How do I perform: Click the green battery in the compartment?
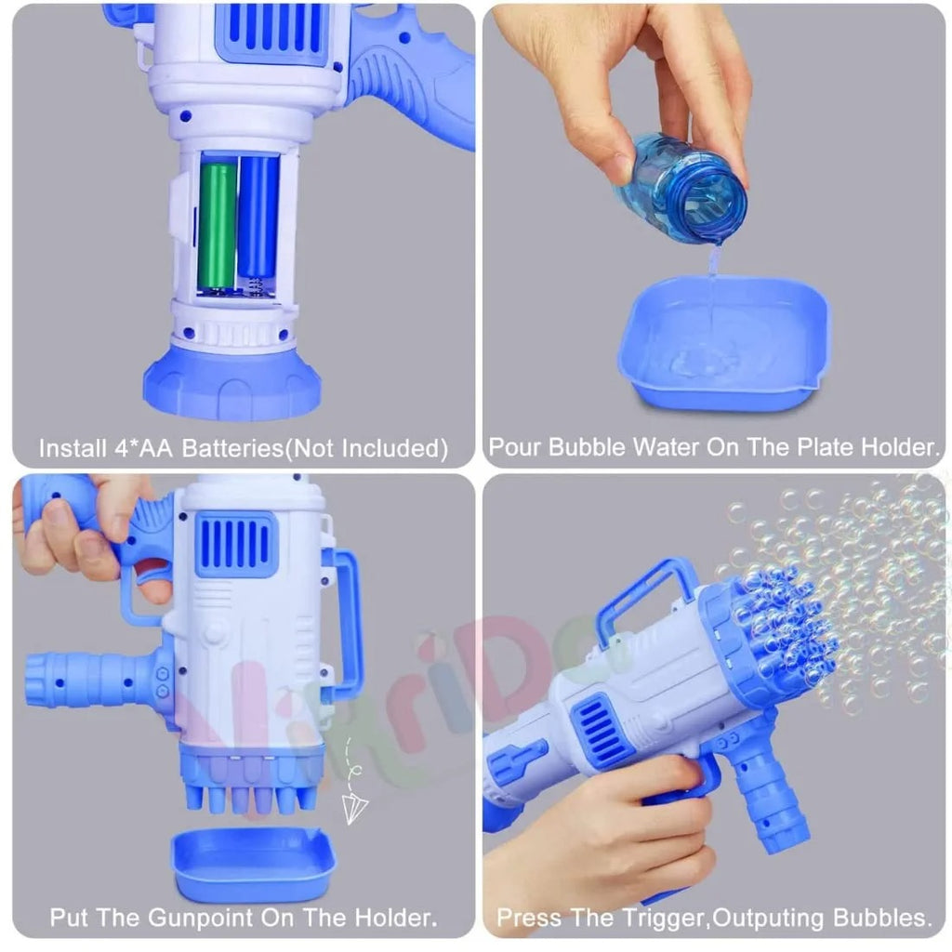click(x=217, y=224)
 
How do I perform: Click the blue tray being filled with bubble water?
click(x=723, y=344)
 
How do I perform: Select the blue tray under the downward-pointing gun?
click(x=254, y=865)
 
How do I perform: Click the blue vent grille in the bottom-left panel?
click(x=235, y=546)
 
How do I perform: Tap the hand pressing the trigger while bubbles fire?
click(x=595, y=837)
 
